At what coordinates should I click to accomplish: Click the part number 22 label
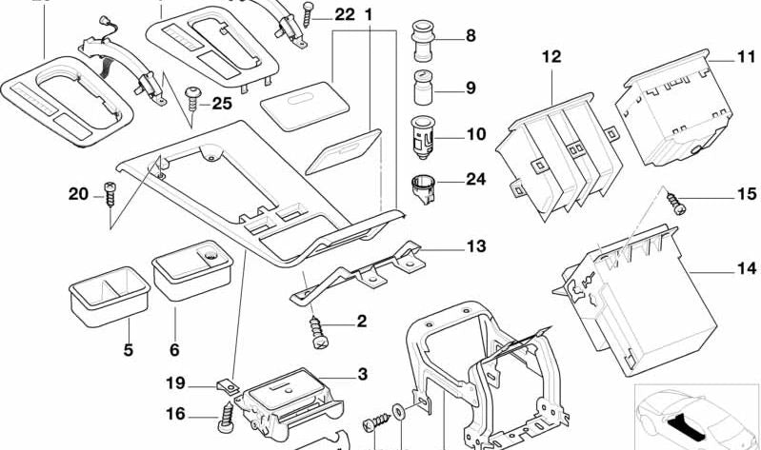point(344,14)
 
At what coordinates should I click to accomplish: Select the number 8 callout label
point(470,37)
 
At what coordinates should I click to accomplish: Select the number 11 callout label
point(745,57)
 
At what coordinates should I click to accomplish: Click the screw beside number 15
point(676,200)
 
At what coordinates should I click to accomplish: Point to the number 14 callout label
point(745,269)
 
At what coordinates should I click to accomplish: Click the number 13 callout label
point(475,247)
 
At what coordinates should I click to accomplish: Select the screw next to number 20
point(108,196)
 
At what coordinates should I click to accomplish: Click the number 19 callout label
point(174,385)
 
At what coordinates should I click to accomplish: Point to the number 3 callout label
point(361,375)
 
